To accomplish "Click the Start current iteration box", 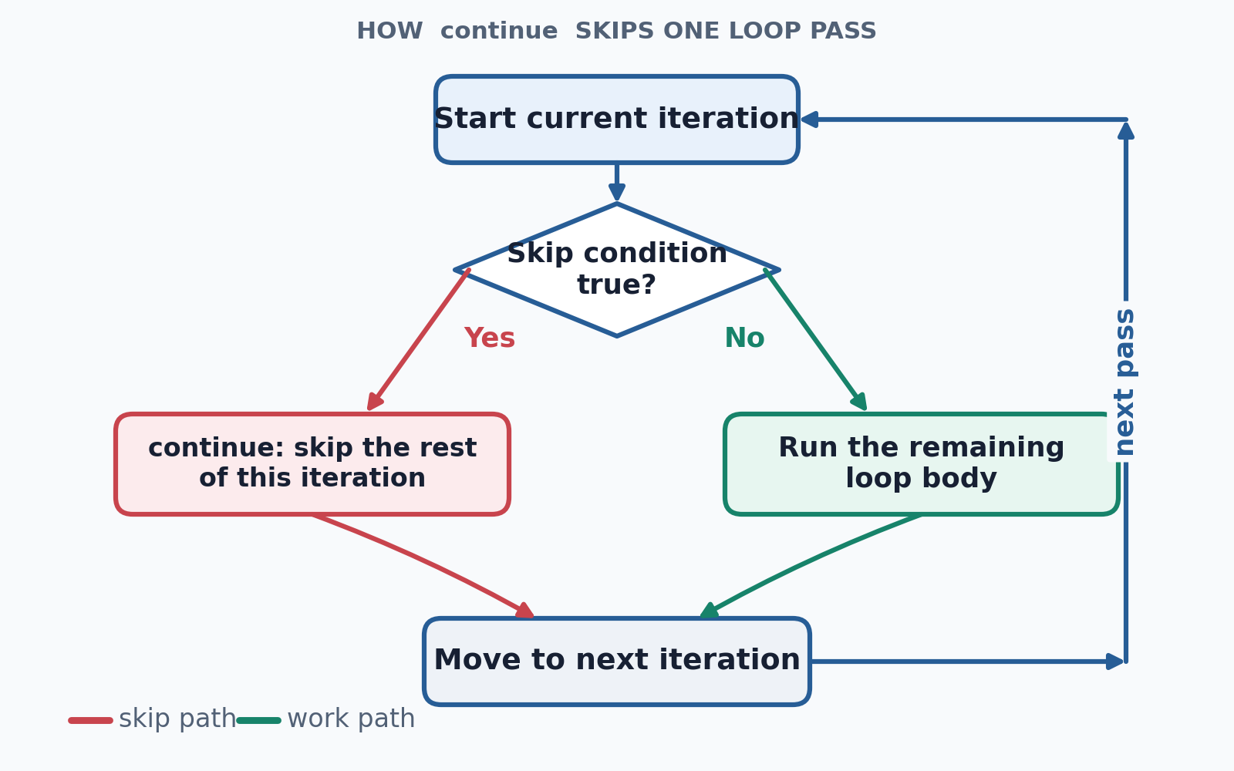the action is pos(616,120).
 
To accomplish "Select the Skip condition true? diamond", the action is pos(616,270).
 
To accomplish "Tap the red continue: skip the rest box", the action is pos(312,464).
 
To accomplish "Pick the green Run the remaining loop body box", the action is pos(921,464).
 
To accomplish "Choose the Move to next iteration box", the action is pos(616,662).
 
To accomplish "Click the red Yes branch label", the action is pos(489,338).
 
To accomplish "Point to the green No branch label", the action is pos(744,338).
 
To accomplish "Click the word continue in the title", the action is pos(499,31).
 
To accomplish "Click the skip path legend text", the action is pos(177,719).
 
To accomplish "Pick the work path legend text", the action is pos(351,719).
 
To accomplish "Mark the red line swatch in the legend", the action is pos(90,720).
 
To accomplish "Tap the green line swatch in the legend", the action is pos(259,720).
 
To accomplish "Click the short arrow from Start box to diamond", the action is pos(616,182).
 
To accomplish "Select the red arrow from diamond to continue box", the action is pos(418,340).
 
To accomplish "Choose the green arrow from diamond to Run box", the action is pos(816,340).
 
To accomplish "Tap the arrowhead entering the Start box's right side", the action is pos(809,120).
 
